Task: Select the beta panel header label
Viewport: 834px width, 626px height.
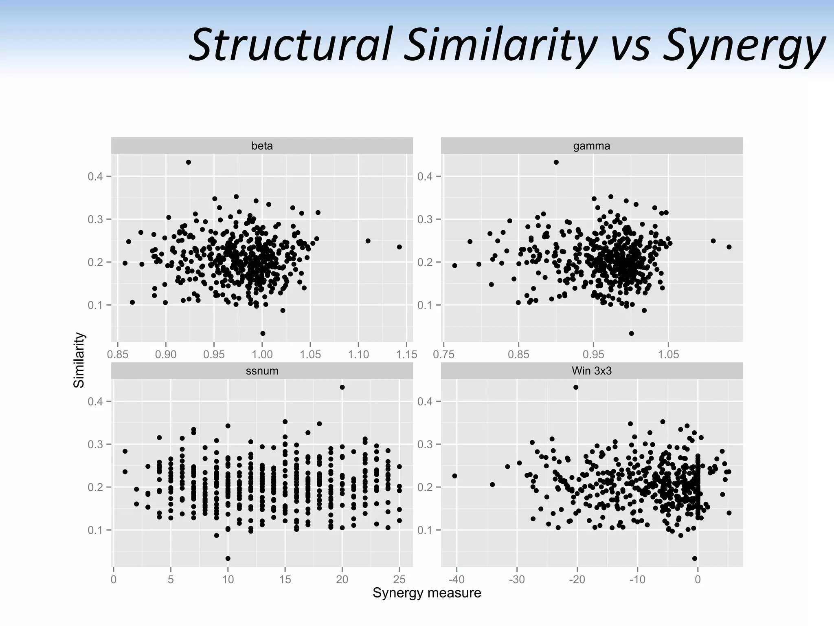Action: [x=262, y=146]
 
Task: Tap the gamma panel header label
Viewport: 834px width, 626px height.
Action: [x=591, y=146]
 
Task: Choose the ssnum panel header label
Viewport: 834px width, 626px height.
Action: [x=262, y=371]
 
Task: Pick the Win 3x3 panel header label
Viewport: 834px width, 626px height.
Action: [x=591, y=371]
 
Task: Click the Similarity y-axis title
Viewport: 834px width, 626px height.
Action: [x=79, y=360]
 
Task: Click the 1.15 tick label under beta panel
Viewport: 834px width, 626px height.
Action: [x=406, y=355]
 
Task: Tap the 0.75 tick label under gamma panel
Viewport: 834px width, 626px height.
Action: [x=443, y=355]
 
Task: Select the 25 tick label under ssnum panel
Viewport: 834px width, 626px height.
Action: [x=399, y=579]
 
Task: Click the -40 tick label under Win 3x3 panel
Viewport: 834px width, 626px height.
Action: [x=457, y=579]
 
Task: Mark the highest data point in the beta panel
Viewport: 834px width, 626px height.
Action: [x=189, y=162]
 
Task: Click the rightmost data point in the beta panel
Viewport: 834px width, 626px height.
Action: [x=399, y=247]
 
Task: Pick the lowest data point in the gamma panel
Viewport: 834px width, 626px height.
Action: [x=631, y=333]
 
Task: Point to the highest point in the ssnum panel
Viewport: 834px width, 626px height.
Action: [x=342, y=387]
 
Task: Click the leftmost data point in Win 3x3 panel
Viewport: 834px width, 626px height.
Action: [x=454, y=476]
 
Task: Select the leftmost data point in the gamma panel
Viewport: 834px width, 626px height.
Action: [x=454, y=266]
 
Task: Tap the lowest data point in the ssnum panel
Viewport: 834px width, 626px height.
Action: [x=228, y=558]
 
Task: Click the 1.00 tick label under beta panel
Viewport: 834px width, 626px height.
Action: [x=262, y=355]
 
